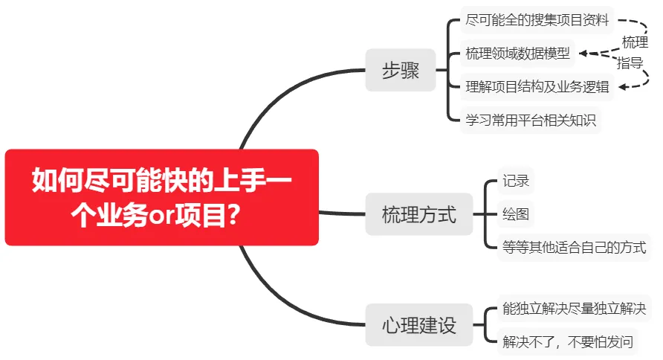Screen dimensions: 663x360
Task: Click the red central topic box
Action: (161, 197)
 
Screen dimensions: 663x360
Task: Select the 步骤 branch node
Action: (401, 70)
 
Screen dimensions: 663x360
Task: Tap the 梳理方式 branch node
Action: (419, 214)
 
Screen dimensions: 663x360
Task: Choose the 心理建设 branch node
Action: (419, 325)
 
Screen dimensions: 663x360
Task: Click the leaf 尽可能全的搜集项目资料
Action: (537, 20)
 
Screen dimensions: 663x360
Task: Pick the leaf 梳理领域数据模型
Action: (517, 54)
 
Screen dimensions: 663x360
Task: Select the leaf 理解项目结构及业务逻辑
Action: (537, 87)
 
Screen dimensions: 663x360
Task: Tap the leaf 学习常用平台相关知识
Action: (531, 120)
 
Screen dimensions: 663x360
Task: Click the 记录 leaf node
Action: (515, 181)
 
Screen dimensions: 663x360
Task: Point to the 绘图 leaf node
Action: (515, 214)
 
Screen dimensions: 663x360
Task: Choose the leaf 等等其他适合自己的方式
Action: (575, 248)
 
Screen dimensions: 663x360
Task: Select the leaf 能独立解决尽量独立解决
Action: (575, 309)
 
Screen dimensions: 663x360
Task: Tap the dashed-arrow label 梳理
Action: (635, 42)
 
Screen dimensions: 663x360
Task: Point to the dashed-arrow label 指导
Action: (630, 63)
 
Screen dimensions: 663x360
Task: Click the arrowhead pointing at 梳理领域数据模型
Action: (583, 54)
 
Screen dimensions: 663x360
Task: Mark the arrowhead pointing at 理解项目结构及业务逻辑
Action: (622, 87)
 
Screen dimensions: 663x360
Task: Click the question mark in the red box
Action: (233, 215)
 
